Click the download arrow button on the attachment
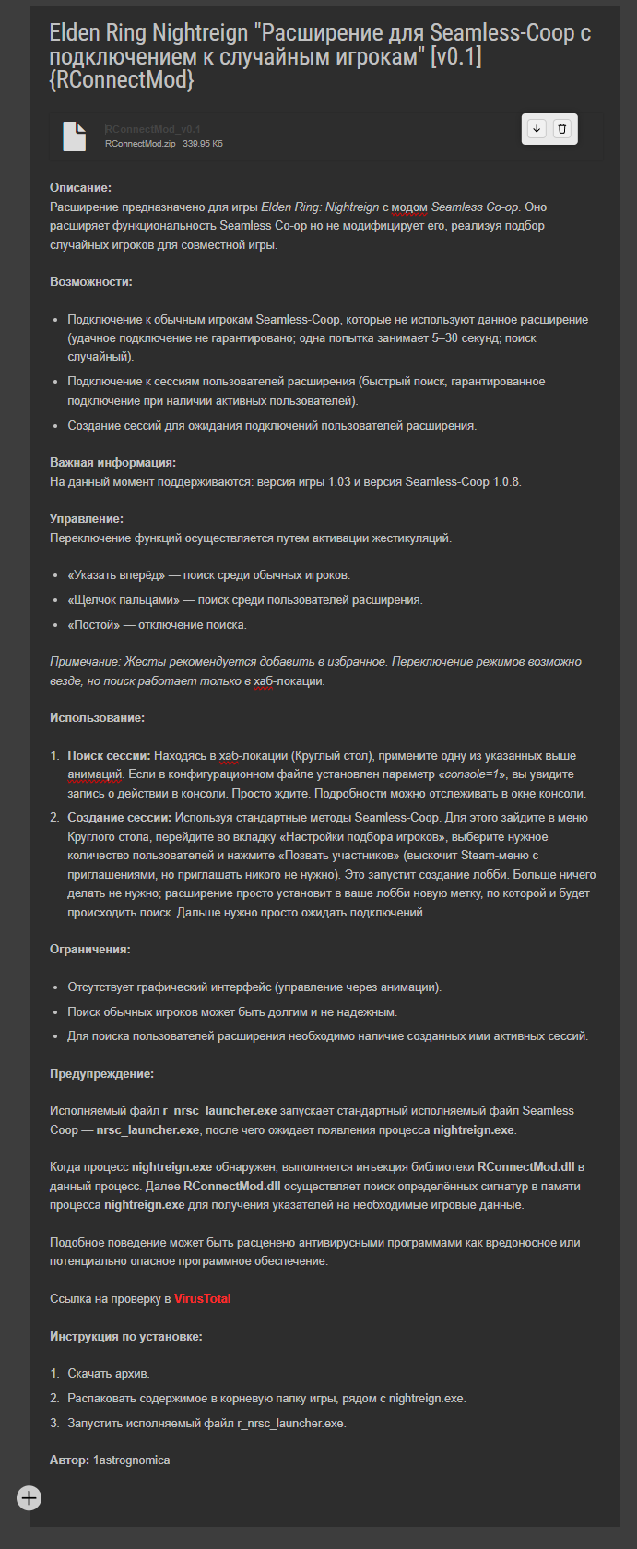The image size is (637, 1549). coord(537,129)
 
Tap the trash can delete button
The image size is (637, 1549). coord(562,129)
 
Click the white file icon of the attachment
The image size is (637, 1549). coord(75,136)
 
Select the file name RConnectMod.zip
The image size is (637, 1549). coord(140,144)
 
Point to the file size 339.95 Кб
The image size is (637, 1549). coord(203,144)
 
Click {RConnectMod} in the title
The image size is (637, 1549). coord(122,80)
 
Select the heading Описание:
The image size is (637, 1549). coord(80,188)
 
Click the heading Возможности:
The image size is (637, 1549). coord(91,282)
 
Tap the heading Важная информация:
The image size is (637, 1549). coord(112,463)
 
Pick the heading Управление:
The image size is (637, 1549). coord(87,519)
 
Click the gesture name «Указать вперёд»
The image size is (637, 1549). coord(116,575)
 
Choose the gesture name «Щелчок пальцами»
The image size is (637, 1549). coord(124,600)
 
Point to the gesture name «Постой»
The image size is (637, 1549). coord(92,625)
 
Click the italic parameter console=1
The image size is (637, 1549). coord(471,774)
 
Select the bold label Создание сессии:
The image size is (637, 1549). coord(120,818)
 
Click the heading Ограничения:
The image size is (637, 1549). coord(90,950)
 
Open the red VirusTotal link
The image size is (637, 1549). coord(203,1299)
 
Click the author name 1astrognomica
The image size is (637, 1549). coord(131,1460)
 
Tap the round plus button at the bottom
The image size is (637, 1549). coord(29,1498)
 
